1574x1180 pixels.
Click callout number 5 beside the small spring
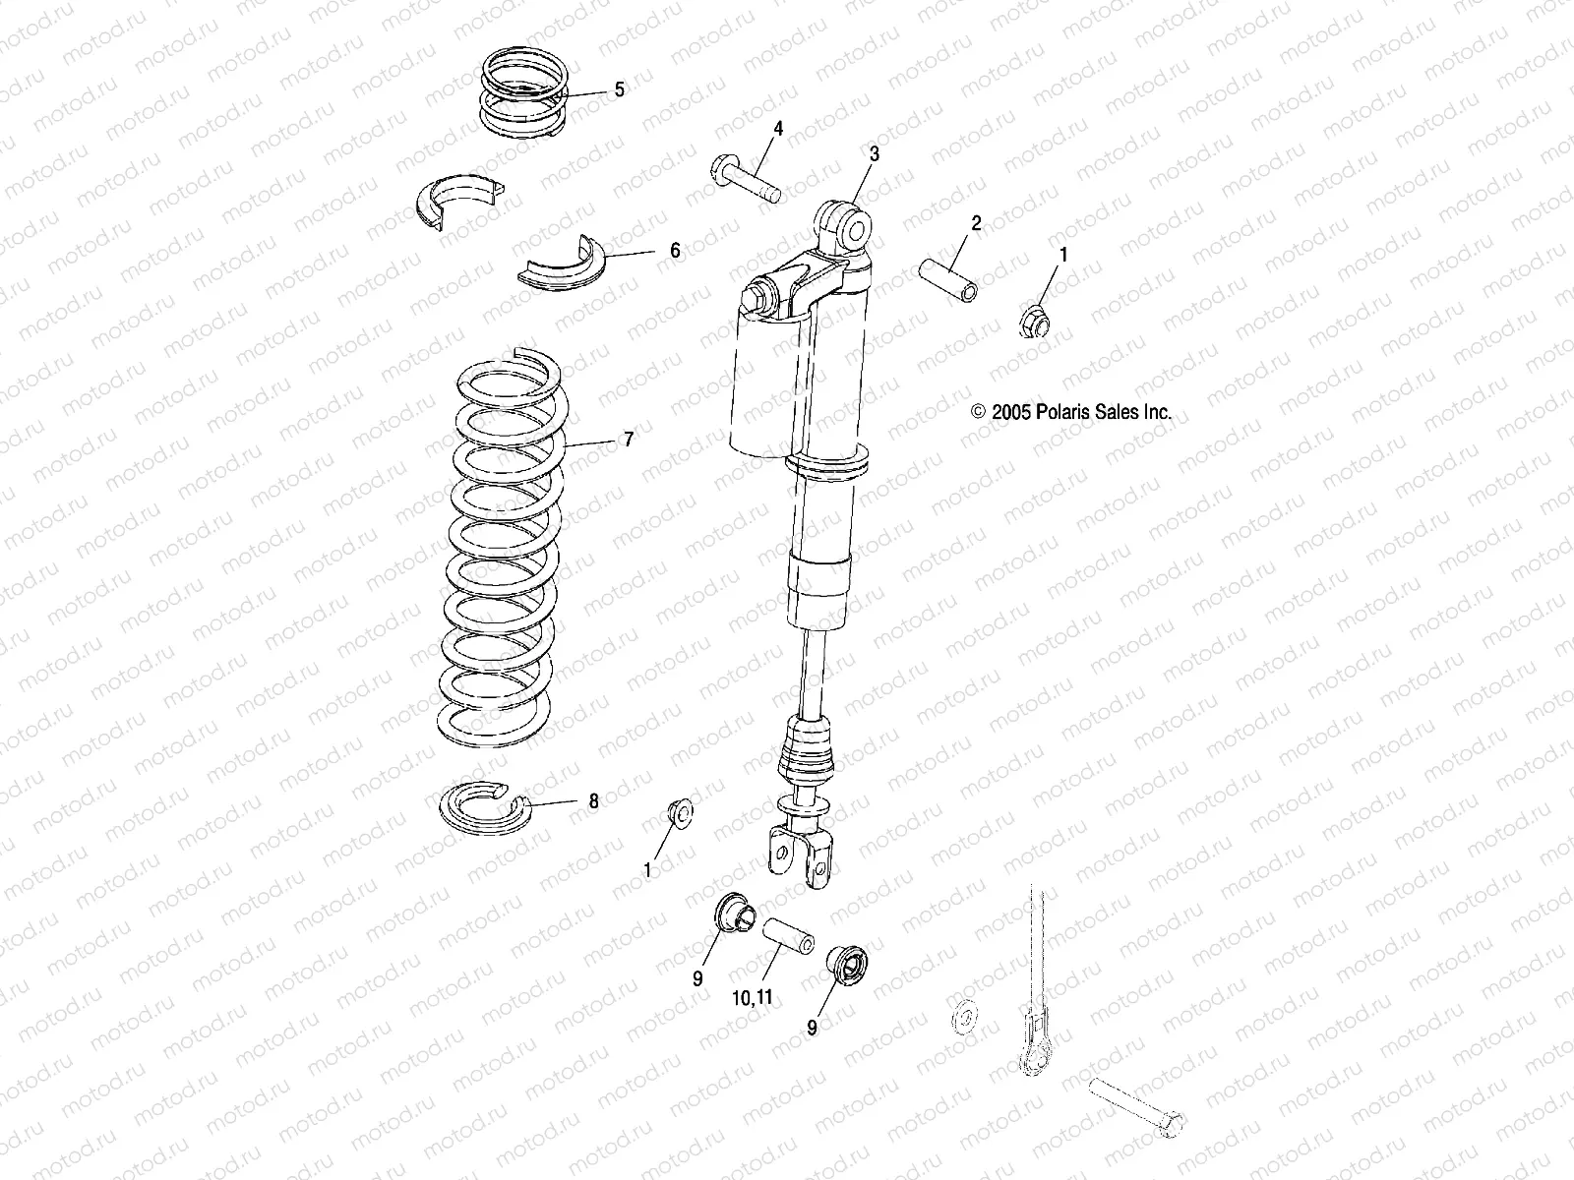[x=619, y=89]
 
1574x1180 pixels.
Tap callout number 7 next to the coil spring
[x=629, y=440]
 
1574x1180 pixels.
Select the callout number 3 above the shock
[x=874, y=154]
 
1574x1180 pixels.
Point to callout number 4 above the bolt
[x=777, y=129]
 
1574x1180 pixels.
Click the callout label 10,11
[x=754, y=997]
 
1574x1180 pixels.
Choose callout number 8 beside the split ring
[x=593, y=801]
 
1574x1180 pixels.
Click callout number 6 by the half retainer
[x=675, y=251]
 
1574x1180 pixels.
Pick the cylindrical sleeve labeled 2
[x=948, y=278]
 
